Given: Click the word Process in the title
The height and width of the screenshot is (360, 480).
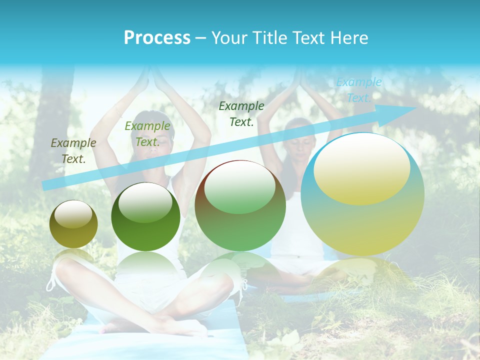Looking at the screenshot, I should (157, 38).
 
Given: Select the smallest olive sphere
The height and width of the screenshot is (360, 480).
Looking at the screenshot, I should (73, 224).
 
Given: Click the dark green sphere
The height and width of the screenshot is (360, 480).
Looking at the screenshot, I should (145, 216).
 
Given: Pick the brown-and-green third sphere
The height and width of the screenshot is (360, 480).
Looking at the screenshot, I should (240, 205).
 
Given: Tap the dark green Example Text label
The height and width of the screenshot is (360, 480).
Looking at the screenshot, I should (241, 113).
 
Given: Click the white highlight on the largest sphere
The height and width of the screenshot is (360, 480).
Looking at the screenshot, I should (361, 167).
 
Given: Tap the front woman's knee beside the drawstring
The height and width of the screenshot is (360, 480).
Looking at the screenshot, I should (225, 285).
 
